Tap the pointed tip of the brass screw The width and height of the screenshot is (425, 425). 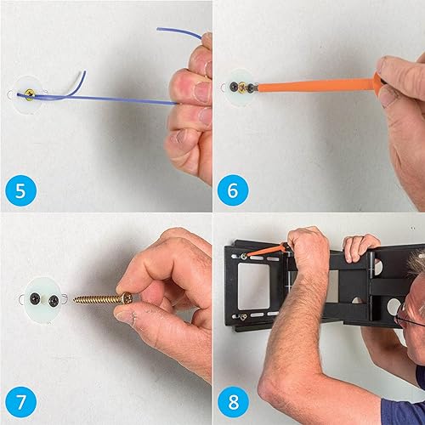click(76, 300)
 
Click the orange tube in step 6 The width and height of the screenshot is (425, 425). click(314, 85)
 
